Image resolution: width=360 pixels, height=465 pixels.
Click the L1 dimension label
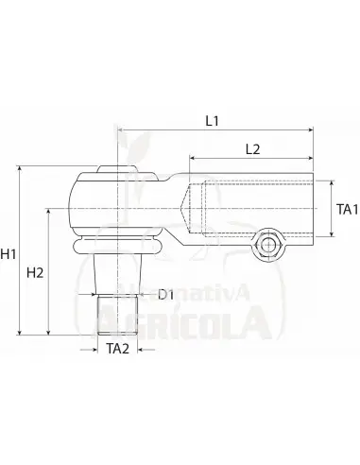coord(212,121)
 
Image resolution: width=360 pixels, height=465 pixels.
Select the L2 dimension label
coord(253,149)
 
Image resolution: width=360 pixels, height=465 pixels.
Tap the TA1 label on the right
coord(348,210)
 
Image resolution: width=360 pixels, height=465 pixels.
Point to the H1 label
coord(9,254)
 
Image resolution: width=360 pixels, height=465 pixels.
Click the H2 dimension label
coord(35,273)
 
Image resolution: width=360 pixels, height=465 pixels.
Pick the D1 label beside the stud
coord(166,295)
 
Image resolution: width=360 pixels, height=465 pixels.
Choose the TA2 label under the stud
coord(117,349)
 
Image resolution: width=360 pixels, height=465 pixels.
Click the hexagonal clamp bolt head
coord(268,245)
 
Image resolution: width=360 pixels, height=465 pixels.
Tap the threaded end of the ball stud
coord(117,315)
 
